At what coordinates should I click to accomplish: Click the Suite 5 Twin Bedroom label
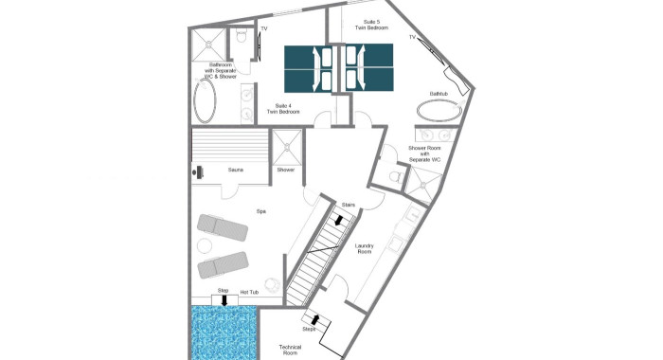371,25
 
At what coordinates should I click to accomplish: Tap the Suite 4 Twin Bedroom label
283,109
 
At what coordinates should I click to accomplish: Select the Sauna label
236,170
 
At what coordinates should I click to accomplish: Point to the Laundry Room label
364,248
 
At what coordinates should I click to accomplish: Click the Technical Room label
290,350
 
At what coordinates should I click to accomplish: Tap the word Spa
260,211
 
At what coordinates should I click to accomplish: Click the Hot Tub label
249,292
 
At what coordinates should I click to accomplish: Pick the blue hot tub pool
223,333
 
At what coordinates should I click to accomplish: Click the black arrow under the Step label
224,300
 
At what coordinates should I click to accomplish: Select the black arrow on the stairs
339,220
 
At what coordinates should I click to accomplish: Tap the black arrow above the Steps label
314,319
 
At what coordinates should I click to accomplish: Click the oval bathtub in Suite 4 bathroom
205,100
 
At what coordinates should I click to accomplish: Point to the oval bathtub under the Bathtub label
439,111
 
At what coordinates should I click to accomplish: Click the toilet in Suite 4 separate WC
241,36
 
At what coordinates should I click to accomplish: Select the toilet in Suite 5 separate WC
395,175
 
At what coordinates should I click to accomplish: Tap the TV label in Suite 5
412,37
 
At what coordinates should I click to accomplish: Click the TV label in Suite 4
264,28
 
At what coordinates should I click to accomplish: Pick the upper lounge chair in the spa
223,227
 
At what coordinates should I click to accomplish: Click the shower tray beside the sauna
287,147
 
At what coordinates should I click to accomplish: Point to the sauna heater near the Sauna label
198,171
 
